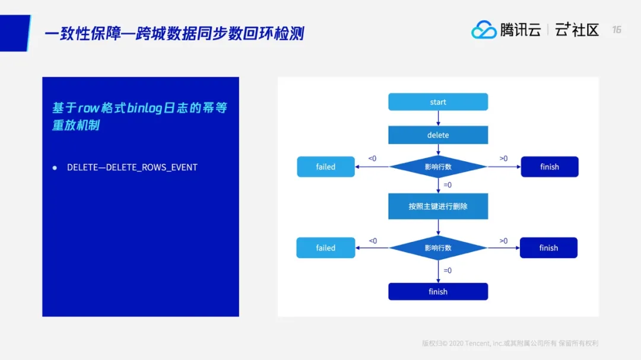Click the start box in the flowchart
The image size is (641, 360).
point(438,102)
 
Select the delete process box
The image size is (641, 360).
point(438,135)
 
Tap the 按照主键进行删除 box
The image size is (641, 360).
point(438,206)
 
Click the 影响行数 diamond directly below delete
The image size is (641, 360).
point(438,167)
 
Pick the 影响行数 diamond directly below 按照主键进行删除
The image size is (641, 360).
point(438,248)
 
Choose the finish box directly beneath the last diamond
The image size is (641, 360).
point(438,292)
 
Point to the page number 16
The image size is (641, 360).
point(617,30)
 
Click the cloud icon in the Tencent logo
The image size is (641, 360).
point(484,30)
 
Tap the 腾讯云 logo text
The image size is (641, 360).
point(521,30)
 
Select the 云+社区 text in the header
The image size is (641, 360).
point(577,30)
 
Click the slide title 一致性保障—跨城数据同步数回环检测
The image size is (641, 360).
point(174,33)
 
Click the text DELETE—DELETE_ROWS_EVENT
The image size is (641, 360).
point(132,167)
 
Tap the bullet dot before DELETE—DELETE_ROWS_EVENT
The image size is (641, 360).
point(55,168)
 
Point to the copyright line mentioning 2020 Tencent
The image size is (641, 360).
point(510,343)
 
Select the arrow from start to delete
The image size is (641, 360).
point(438,118)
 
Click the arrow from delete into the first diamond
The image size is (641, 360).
point(438,150)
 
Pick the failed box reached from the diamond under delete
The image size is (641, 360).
point(325,167)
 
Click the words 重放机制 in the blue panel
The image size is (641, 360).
point(75,126)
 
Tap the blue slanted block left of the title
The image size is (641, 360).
point(14,33)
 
